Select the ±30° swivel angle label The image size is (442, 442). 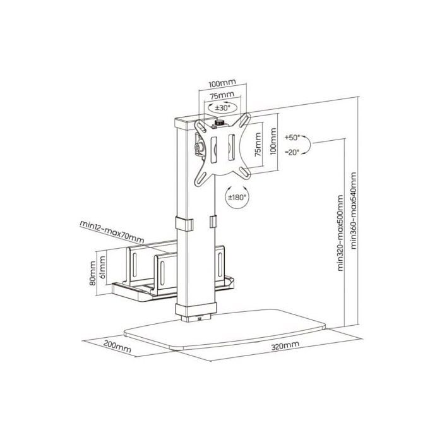coord(222,107)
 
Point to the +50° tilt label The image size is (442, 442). coord(293,137)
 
